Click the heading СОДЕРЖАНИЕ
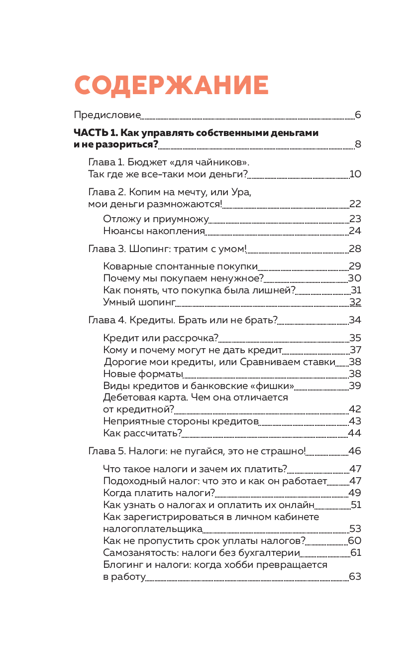coord(172,86)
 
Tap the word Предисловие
coord(107,115)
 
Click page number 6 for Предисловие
coord(358,115)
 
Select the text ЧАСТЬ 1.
coord(95,133)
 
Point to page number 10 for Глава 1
coord(355,174)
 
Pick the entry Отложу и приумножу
coord(155,219)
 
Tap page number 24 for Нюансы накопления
coord(355,231)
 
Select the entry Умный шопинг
coord(139,302)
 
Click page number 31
coord(356,290)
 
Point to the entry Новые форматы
coord(143,374)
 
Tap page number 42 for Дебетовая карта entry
coord(355,409)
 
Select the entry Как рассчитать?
coord(143,433)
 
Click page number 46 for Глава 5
coord(355,451)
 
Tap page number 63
coord(355,577)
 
